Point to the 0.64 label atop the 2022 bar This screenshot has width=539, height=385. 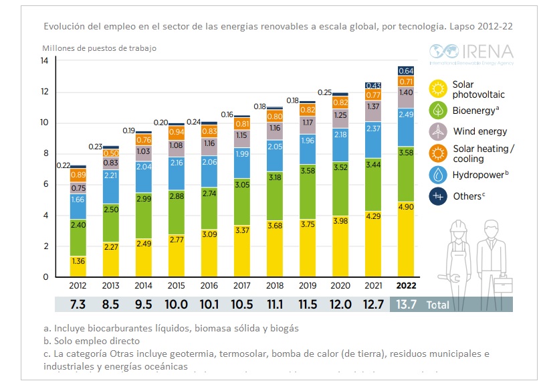coord(405,71)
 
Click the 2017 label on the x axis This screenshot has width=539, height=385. coord(242,285)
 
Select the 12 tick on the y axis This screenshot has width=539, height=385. coord(44,92)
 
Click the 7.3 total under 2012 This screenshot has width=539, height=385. coord(78,305)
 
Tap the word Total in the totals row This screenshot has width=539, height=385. coord(439,305)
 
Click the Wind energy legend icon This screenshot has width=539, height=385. coord(439,131)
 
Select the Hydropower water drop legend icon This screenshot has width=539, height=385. coord(439,175)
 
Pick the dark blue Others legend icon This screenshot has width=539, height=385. coord(439,196)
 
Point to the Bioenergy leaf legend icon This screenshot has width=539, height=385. coord(439,109)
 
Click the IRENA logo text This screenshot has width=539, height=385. coord(489,52)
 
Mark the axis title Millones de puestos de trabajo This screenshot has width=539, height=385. coord(100,48)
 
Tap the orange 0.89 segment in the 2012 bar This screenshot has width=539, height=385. coord(78,175)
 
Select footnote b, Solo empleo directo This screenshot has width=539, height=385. coord(86,341)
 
